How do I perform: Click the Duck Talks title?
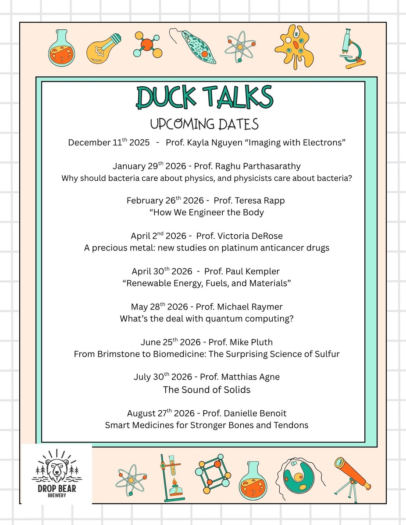pos(203,98)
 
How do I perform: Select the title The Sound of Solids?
pos(207,389)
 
